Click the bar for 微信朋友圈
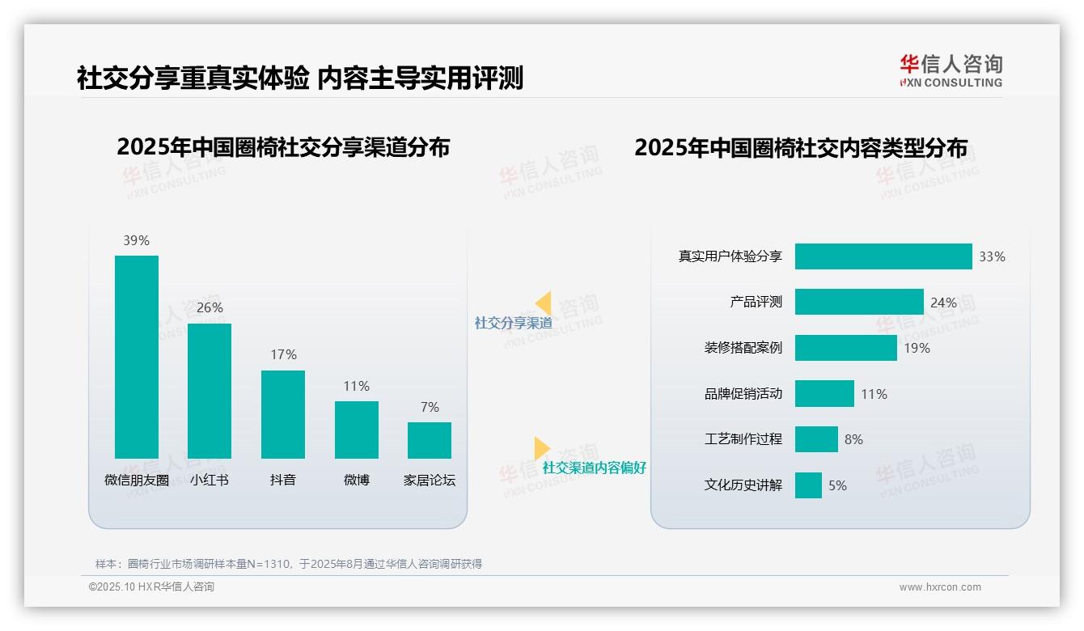point(137,357)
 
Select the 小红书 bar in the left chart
point(210,391)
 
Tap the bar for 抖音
point(283,414)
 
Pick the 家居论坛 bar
point(430,440)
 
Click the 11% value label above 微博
point(356,386)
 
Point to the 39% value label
point(137,240)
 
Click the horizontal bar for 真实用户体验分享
point(883,256)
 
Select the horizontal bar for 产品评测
point(859,302)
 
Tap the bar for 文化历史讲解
point(808,485)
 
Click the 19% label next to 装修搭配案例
point(917,348)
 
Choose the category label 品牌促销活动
point(743,394)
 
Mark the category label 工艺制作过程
point(743,439)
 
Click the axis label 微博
point(356,480)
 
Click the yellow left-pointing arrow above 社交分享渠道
point(544,303)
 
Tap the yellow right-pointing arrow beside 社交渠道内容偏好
point(542,448)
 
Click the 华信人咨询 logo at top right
point(951,70)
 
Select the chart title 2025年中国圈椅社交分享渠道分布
point(283,147)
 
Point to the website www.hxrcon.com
point(940,587)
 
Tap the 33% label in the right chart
point(992,256)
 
